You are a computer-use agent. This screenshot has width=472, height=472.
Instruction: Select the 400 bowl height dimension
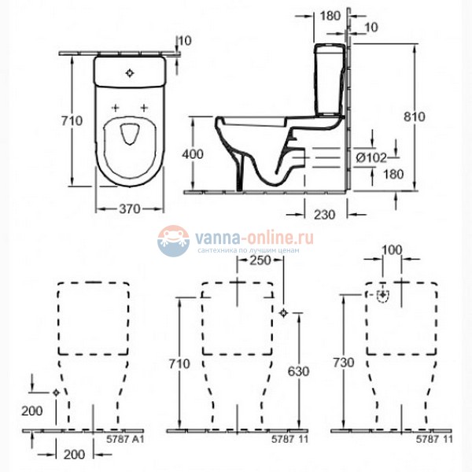pyautogui.click(x=193, y=154)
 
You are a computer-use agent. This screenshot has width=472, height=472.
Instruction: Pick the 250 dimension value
pyautogui.click(x=260, y=260)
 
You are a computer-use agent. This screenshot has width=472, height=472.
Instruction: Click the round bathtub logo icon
pyautogui.click(x=173, y=241)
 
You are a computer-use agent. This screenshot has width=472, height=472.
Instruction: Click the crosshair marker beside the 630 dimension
pyautogui.click(x=283, y=313)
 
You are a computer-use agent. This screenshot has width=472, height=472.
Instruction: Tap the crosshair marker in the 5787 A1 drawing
pyautogui.click(x=56, y=392)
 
